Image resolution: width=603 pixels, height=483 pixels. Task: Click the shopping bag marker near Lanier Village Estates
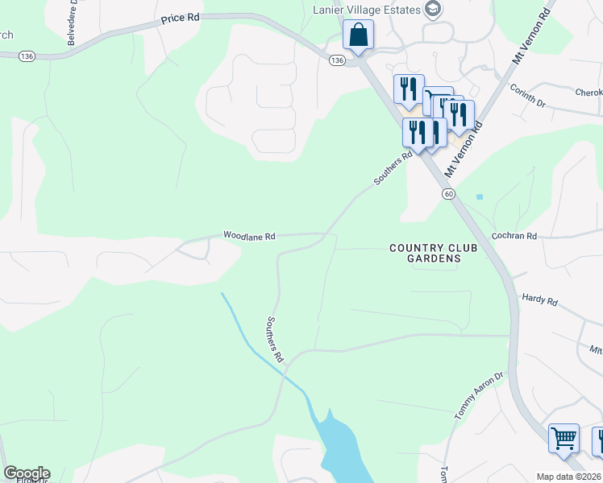[358, 36]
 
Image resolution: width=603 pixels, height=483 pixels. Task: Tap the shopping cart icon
[563, 440]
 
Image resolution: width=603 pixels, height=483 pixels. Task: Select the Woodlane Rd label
[250, 237]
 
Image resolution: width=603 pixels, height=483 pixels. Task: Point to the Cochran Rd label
[514, 236]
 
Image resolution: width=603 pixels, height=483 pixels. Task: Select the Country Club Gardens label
[433, 253]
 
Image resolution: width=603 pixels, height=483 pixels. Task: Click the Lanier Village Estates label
[367, 9]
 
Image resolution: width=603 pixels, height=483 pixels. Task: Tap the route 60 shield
[448, 194]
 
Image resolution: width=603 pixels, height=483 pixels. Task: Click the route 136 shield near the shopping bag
[337, 60]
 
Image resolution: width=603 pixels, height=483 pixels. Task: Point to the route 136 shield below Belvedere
[27, 56]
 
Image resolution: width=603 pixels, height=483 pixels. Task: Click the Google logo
[27, 473]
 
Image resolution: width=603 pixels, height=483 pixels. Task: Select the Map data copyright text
[569, 477]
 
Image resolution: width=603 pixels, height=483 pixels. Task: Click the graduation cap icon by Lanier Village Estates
[434, 10]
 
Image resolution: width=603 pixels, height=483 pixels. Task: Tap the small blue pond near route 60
[480, 196]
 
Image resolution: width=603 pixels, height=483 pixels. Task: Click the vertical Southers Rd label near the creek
[276, 338]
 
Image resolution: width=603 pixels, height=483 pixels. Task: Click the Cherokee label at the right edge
[588, 93]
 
